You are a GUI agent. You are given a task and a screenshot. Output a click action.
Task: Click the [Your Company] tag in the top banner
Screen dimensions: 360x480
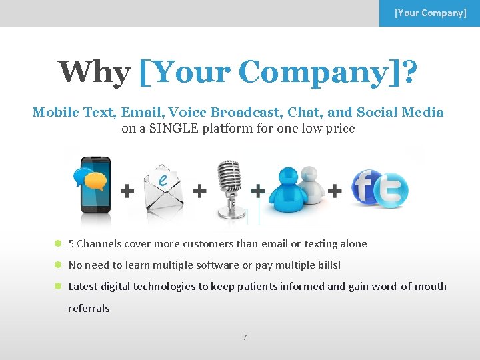430,13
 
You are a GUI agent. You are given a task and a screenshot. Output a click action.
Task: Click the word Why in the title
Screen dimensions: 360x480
94,72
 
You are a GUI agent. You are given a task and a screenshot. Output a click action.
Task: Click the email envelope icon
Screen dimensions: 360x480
163,190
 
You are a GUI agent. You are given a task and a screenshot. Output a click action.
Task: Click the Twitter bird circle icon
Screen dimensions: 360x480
392,191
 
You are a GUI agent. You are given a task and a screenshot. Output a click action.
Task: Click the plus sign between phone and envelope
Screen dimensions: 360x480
126,191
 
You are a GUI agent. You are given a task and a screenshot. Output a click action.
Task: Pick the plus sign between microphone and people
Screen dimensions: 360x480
257,191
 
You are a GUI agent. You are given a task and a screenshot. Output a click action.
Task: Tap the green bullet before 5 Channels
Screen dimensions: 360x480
58,244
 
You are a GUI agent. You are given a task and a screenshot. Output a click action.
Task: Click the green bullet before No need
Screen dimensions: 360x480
58,265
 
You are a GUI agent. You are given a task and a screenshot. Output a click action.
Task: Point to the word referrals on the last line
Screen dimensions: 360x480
89,309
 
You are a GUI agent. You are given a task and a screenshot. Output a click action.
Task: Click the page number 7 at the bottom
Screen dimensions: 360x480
244,337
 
